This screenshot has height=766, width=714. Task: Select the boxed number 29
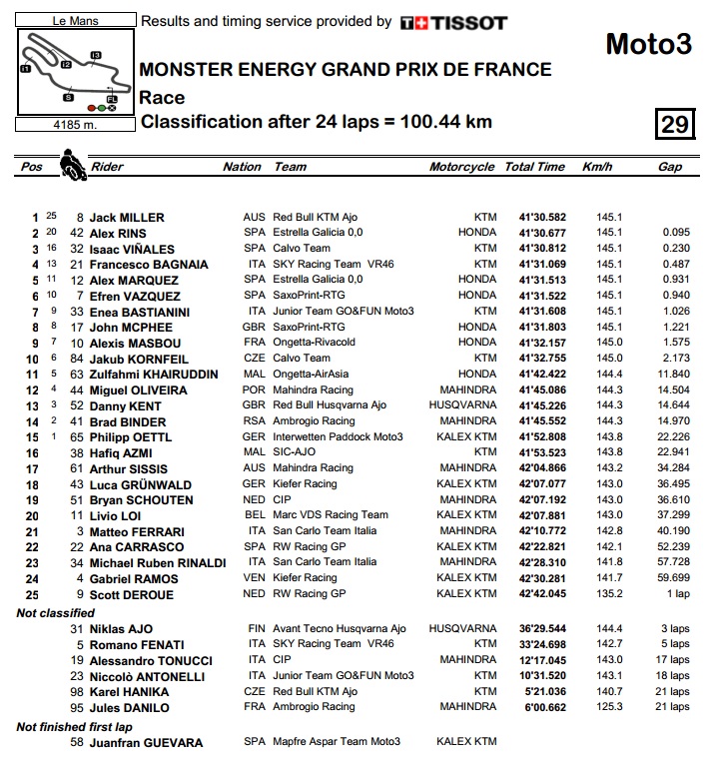674,123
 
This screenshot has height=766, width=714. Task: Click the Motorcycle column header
461,167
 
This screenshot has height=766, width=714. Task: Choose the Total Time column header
534,167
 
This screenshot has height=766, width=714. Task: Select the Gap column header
669,167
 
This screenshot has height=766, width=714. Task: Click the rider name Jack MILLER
127,217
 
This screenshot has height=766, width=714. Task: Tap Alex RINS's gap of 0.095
676,233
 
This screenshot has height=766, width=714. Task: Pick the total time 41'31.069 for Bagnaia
542,265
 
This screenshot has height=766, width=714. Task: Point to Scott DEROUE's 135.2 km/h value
609,594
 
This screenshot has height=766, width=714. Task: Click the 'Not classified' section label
56,612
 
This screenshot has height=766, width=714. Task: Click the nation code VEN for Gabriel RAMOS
255,578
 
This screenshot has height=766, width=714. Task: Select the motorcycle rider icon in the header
72,164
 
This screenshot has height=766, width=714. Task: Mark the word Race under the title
162,97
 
